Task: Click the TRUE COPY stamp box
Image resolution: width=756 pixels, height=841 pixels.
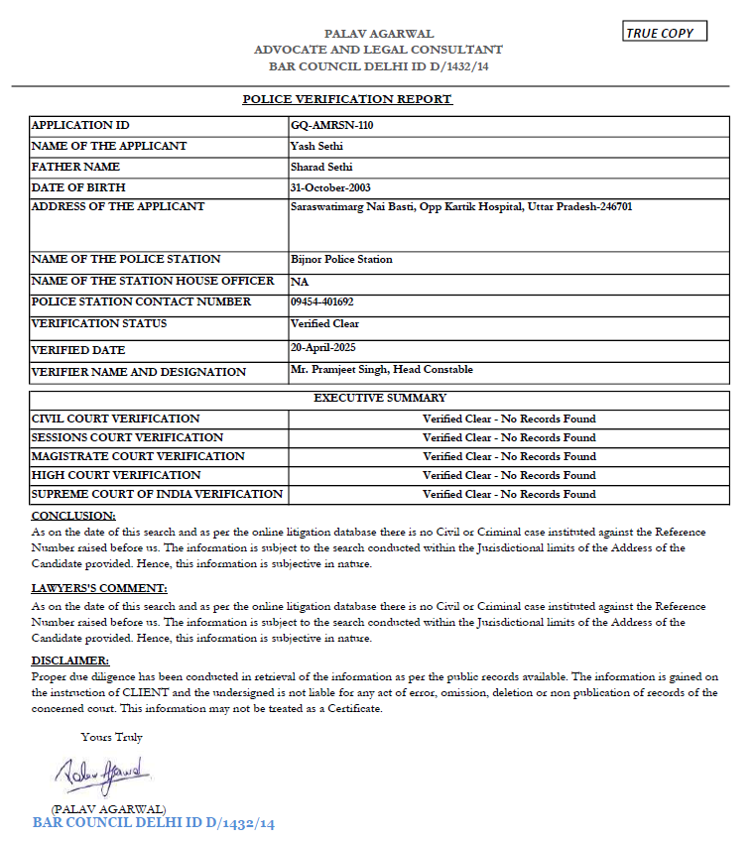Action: [x=665, y=33]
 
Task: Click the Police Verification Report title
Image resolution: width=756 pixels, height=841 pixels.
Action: [x=347, y=99]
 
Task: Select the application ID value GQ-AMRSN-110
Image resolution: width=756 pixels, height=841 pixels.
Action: [x=332, y=126]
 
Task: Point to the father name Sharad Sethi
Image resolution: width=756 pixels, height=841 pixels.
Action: [x=321, y=167]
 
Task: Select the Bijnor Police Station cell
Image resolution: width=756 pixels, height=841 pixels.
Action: [x=341, y=259]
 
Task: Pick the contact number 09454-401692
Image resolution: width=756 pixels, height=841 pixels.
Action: [x=322, y=301]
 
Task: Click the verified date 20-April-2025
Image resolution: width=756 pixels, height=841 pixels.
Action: [x=322, y=347]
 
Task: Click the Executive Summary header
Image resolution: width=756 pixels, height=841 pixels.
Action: [x=380, y=399]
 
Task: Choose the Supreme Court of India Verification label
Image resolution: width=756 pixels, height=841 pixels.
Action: [x=157, y=494]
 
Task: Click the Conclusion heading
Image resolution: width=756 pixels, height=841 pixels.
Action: [x=73, y=516]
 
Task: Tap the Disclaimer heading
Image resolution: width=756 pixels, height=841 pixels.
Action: [x=70, y=661]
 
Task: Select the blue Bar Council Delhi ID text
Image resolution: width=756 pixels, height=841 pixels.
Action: [x=153, y=823]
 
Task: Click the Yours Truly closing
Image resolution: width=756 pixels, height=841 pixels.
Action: [x=112, y=737]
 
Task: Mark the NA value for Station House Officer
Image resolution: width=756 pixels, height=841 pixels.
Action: [x=300, y=282]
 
